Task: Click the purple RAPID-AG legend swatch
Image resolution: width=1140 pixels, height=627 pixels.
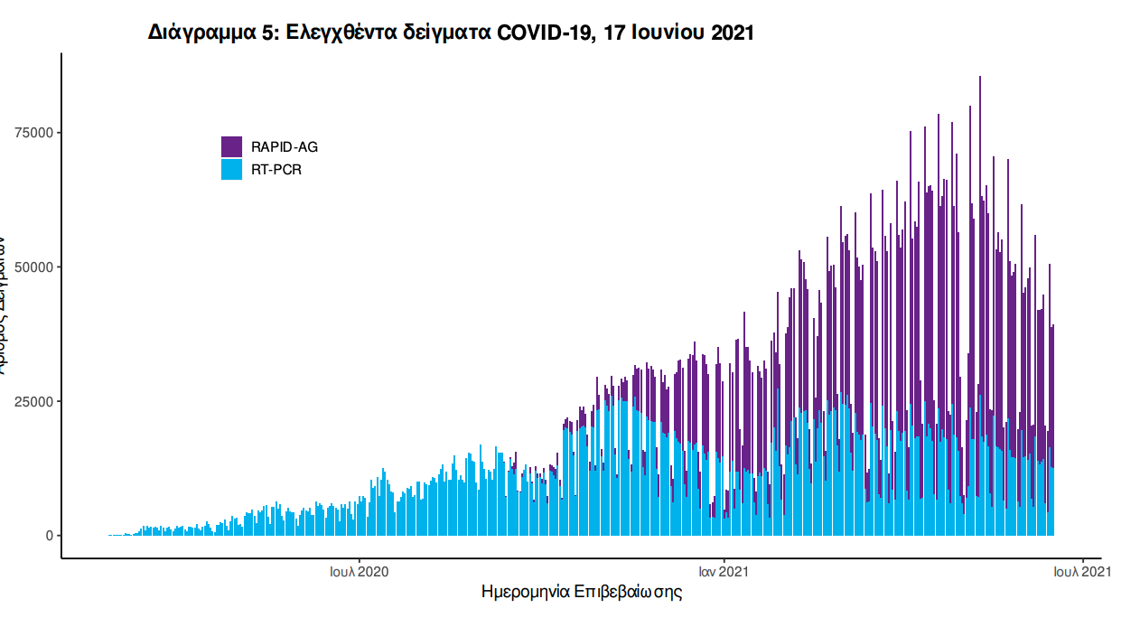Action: [x=231, y=146]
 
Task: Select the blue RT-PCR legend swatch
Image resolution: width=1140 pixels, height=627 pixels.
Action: [x=231, y=169]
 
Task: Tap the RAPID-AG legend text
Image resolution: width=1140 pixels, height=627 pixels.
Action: [x=285, y=146]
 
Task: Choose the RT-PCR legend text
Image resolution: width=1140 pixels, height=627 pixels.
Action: [x=276, y=169]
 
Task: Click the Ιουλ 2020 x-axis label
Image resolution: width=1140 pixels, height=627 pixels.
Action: [x=359, y=571]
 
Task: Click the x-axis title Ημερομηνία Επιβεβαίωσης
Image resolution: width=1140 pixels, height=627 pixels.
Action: [x=582, y=593]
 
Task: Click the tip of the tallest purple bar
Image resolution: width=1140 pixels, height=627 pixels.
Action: [x=980, y=78]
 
